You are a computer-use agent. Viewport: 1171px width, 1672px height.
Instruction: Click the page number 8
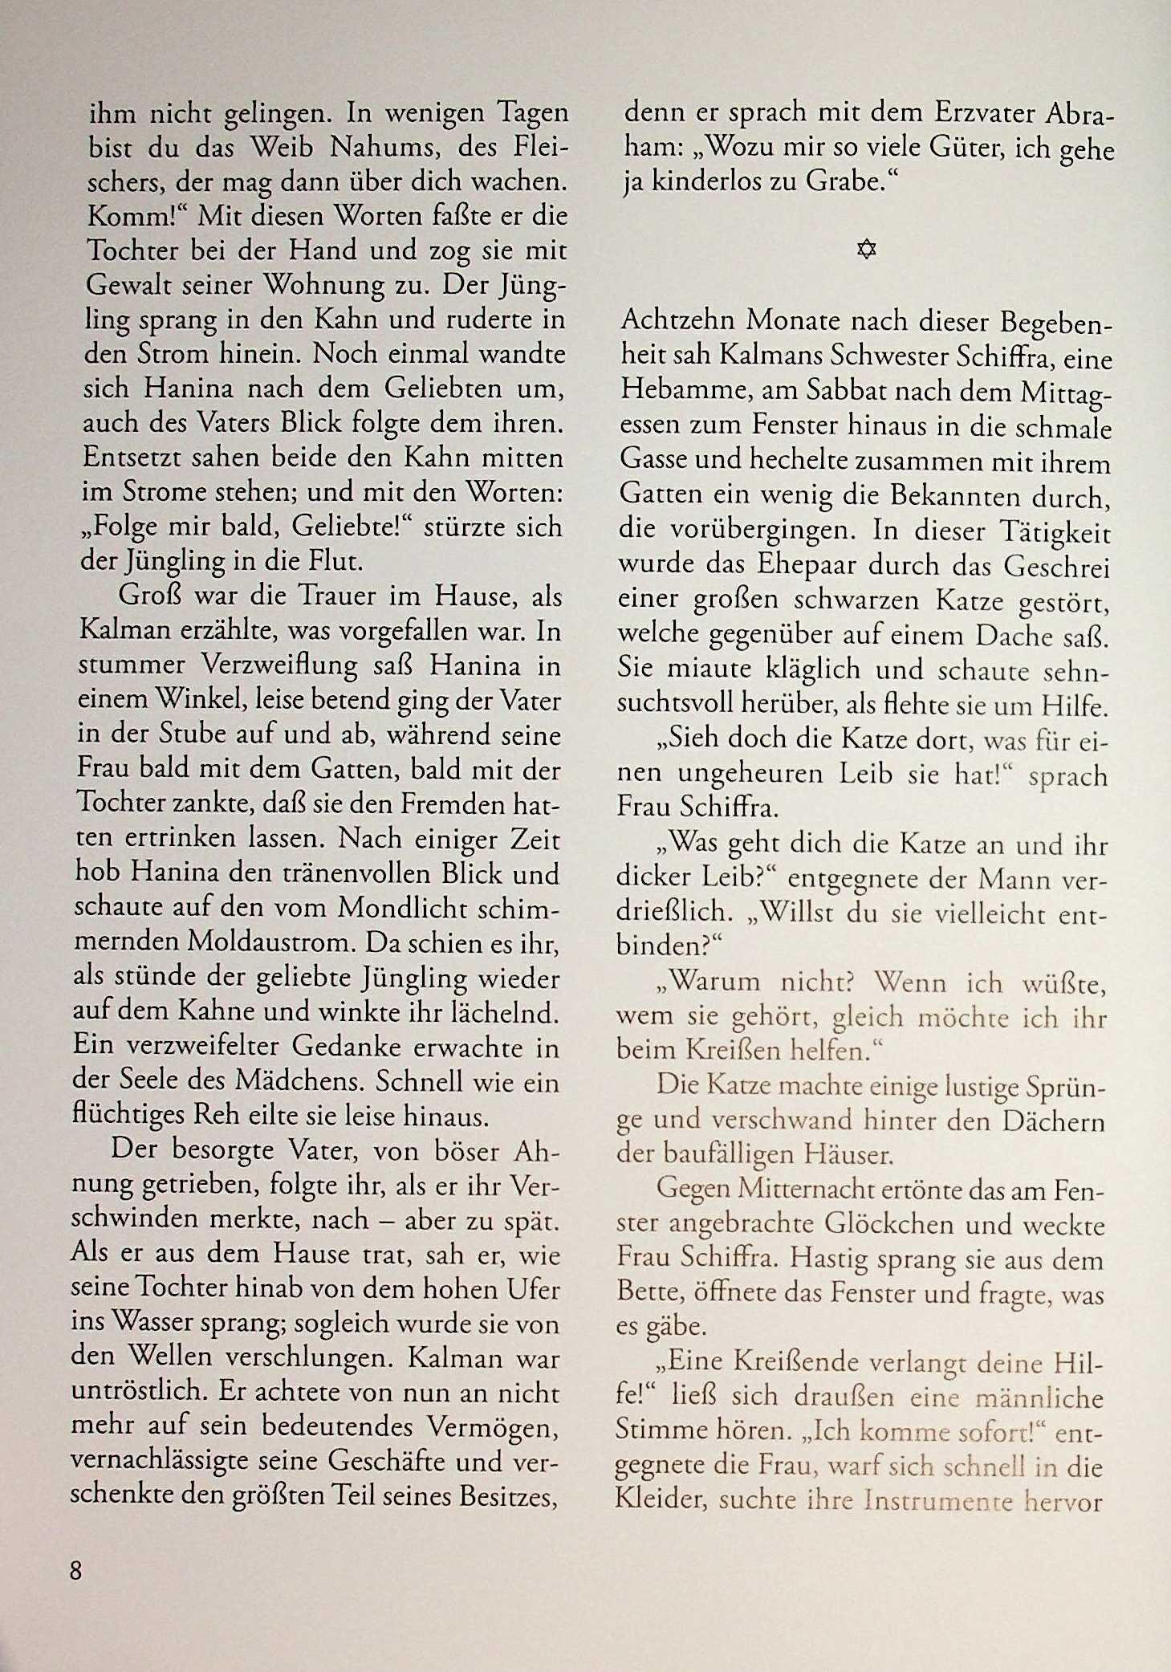76,1570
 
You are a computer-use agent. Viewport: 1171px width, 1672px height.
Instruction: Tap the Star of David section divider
866,250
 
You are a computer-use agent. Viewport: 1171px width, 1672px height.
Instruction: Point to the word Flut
335,561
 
